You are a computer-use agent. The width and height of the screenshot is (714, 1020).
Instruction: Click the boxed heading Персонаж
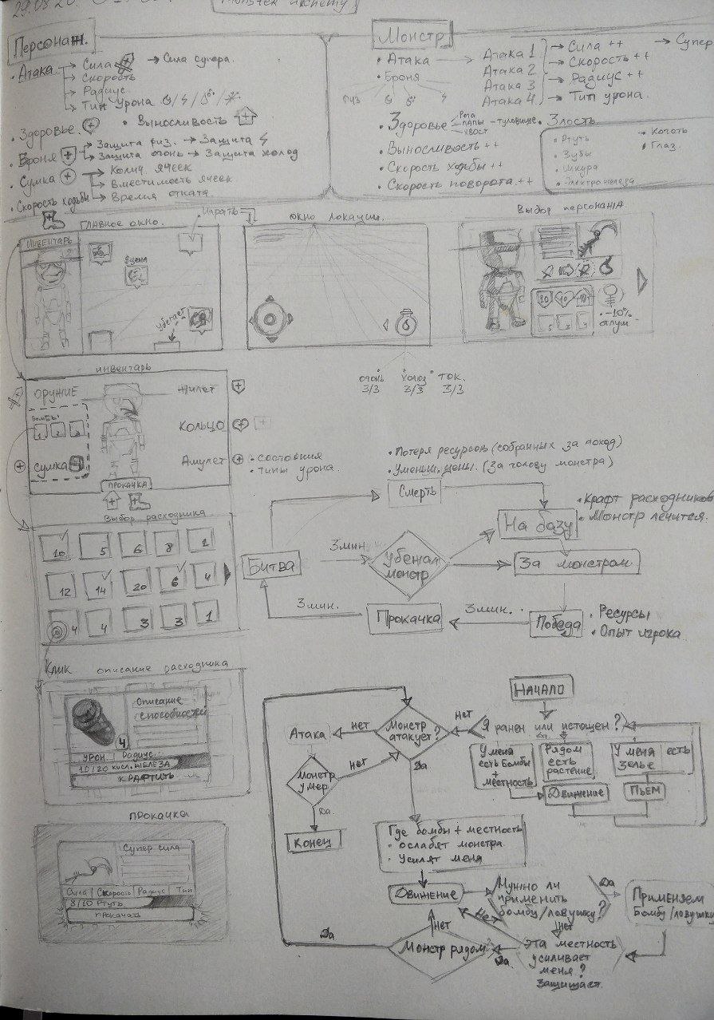49,48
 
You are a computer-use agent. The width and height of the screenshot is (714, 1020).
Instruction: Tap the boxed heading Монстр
412,37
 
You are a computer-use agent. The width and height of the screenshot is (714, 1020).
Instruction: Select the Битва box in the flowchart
269,566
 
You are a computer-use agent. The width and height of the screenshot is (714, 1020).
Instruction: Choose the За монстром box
577,563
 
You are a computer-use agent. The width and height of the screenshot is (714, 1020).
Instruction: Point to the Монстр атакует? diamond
412,731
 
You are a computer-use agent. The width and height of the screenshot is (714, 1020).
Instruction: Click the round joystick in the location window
270,319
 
